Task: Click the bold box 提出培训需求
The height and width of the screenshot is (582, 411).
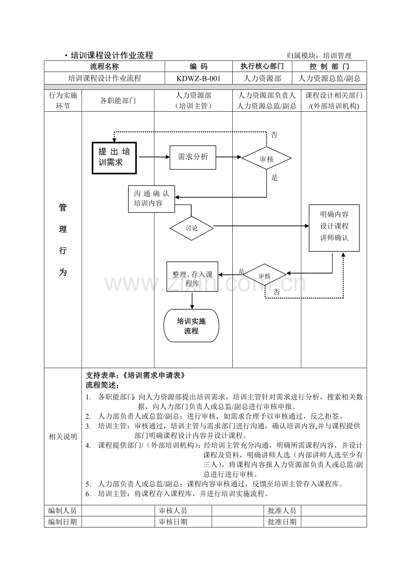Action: tap(114, 158)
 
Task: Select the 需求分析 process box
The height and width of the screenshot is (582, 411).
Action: tap(193, 157)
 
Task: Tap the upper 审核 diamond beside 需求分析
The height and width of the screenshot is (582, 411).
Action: tap(266, 158)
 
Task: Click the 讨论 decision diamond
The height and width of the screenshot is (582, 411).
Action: tap(192, 228)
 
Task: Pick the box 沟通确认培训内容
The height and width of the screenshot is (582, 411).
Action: tap(151, 199)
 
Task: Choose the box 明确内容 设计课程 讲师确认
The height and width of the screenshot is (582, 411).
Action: tap(334, 228)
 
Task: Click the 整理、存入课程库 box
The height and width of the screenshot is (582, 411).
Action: tap(192, 276)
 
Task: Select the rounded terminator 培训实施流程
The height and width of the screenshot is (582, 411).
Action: tap(191, 325)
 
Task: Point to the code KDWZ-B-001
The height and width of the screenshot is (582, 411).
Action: tap(199, 79)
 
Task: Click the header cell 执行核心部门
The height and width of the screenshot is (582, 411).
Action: tap(262, 67)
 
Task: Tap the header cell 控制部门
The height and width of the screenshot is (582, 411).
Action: tap(329, 67)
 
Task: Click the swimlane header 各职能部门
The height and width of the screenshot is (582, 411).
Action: tap(118, 101)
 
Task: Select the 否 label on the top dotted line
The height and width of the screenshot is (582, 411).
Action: tap(274, 135)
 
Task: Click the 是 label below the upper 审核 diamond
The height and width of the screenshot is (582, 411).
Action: tap(274, 178)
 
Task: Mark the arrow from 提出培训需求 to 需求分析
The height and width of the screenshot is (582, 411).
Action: tap(155, 157)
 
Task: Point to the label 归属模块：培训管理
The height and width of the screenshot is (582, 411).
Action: tap(319, 55)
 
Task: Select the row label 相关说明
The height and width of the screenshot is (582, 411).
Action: tap(63, 437)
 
